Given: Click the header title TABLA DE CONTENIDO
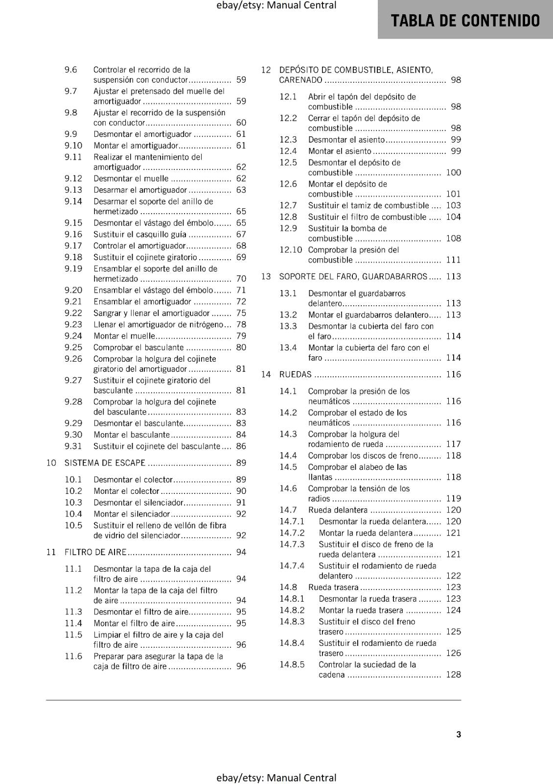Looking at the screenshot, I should point(465,21).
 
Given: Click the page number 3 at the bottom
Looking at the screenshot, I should point(458,734).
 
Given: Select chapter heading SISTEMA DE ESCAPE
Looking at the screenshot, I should point(105,463).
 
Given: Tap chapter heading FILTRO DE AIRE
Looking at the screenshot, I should point(95,552).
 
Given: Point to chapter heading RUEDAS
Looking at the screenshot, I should point(295,374).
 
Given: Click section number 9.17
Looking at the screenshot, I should point(73,246).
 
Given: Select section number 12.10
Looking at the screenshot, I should point(291,250).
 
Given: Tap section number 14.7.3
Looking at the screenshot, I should point(292,544).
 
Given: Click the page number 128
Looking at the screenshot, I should point(453,675).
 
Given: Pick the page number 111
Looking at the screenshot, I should point(453,260).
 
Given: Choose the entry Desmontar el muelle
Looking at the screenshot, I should point(131,179).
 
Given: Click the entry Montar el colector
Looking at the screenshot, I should point(126,491).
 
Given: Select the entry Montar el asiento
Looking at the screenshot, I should point(340,151).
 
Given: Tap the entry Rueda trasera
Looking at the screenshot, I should point(333,587).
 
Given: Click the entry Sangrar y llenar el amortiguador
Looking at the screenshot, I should point(151,313).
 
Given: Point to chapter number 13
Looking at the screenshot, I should point(266,276).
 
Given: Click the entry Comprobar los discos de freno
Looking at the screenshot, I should point(363,456).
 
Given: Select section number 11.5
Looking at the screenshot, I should point(73,635).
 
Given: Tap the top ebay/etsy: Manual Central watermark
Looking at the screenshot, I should point(276,5).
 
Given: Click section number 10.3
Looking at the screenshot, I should point(73,502).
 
